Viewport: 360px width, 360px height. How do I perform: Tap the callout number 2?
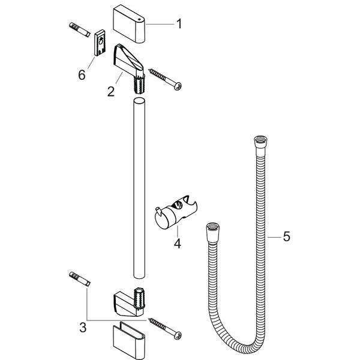pyautogui.click(x=110, y=92)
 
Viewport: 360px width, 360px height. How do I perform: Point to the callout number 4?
pyautogui.click(x=176, y=245)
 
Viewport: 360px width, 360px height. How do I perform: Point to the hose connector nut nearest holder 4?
pyautogui.click(x=214, y=230)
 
